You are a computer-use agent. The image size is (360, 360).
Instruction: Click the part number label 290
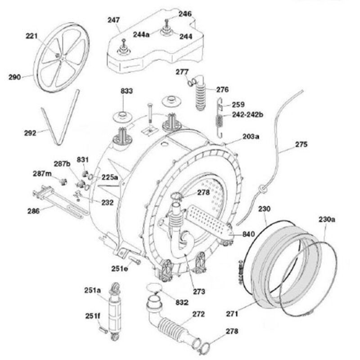[15, 77]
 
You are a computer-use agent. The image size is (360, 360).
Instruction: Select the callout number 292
[30, 133]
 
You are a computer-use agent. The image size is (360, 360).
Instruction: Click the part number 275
[301, 145]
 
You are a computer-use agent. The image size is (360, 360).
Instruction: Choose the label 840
[248, 234]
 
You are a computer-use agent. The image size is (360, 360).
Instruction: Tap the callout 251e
[120, 269]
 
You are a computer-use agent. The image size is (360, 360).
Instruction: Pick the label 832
[181, 302]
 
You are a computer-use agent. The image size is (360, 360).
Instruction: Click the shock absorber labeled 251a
[114, 310]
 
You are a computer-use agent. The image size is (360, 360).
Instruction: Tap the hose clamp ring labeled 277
[192, 81]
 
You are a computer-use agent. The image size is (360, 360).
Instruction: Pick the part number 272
[198, 314]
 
